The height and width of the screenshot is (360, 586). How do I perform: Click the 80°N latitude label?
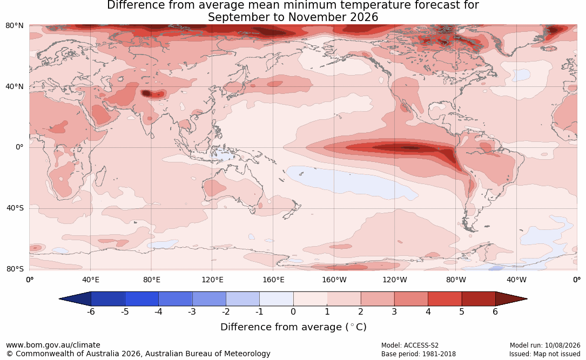14,25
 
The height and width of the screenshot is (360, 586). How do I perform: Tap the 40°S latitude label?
15,208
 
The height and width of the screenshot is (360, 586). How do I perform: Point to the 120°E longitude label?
213,280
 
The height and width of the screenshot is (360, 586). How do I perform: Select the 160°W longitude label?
334,280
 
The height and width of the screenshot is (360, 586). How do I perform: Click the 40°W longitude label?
517,280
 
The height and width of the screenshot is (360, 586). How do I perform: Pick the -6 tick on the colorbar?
90,311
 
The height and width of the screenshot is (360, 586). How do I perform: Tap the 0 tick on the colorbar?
293,311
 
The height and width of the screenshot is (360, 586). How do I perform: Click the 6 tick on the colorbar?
495,311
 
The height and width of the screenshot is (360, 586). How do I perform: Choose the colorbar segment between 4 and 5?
444,299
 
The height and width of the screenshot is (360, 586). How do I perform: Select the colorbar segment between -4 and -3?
176,299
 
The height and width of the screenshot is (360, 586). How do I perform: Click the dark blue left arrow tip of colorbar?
59,299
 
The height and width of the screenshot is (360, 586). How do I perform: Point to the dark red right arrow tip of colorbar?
527,299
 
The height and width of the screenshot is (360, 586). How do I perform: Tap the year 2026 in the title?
365,17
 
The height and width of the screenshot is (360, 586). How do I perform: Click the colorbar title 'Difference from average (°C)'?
293,327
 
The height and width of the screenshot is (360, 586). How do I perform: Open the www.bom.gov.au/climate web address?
53,345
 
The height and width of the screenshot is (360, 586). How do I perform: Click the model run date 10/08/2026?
562,345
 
